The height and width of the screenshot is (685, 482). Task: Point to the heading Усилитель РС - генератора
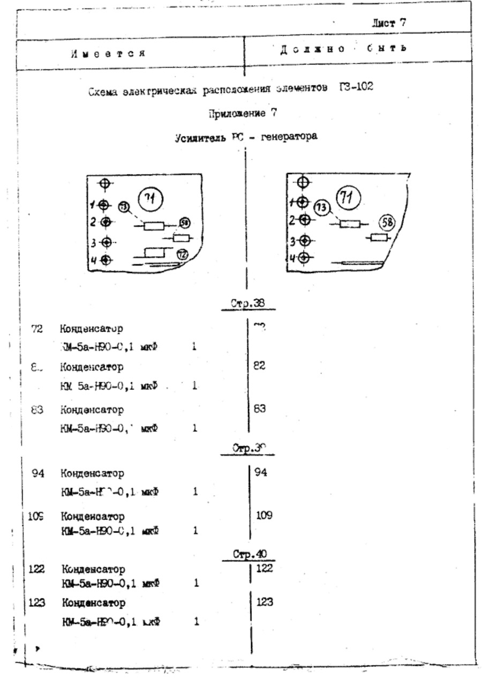246,137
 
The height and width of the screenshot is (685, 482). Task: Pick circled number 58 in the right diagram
389,222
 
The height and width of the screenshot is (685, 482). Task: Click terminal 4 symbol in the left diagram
106,260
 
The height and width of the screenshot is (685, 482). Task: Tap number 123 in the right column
266,602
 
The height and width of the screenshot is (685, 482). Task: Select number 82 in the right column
260,366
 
